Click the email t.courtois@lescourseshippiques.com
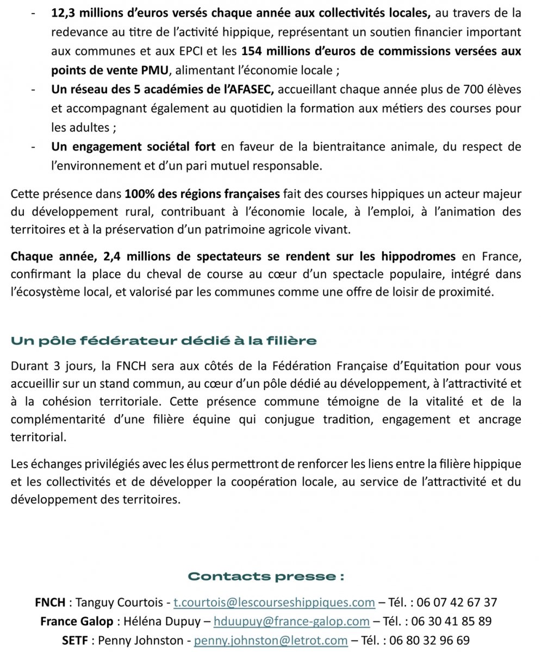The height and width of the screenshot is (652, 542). coord(274,602)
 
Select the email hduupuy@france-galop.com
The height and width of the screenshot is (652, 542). coord(291,621)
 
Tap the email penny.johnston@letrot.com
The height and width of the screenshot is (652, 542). coord(271,640)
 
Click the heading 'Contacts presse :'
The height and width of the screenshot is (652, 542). coord(266,576)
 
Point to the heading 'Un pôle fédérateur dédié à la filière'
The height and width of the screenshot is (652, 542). coord(164,341)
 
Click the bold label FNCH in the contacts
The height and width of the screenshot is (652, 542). coord(50,602)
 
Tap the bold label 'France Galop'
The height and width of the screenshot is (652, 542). coord(77,621)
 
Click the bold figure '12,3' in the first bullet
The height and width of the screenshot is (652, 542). coord(61,13)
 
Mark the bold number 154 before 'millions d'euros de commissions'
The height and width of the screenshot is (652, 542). coord(251,52)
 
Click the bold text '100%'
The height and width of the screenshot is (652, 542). coord(138,194)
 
